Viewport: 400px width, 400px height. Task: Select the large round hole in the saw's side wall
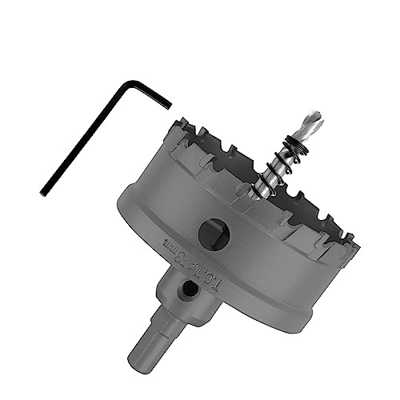213,233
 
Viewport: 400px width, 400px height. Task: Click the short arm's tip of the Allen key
170,103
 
